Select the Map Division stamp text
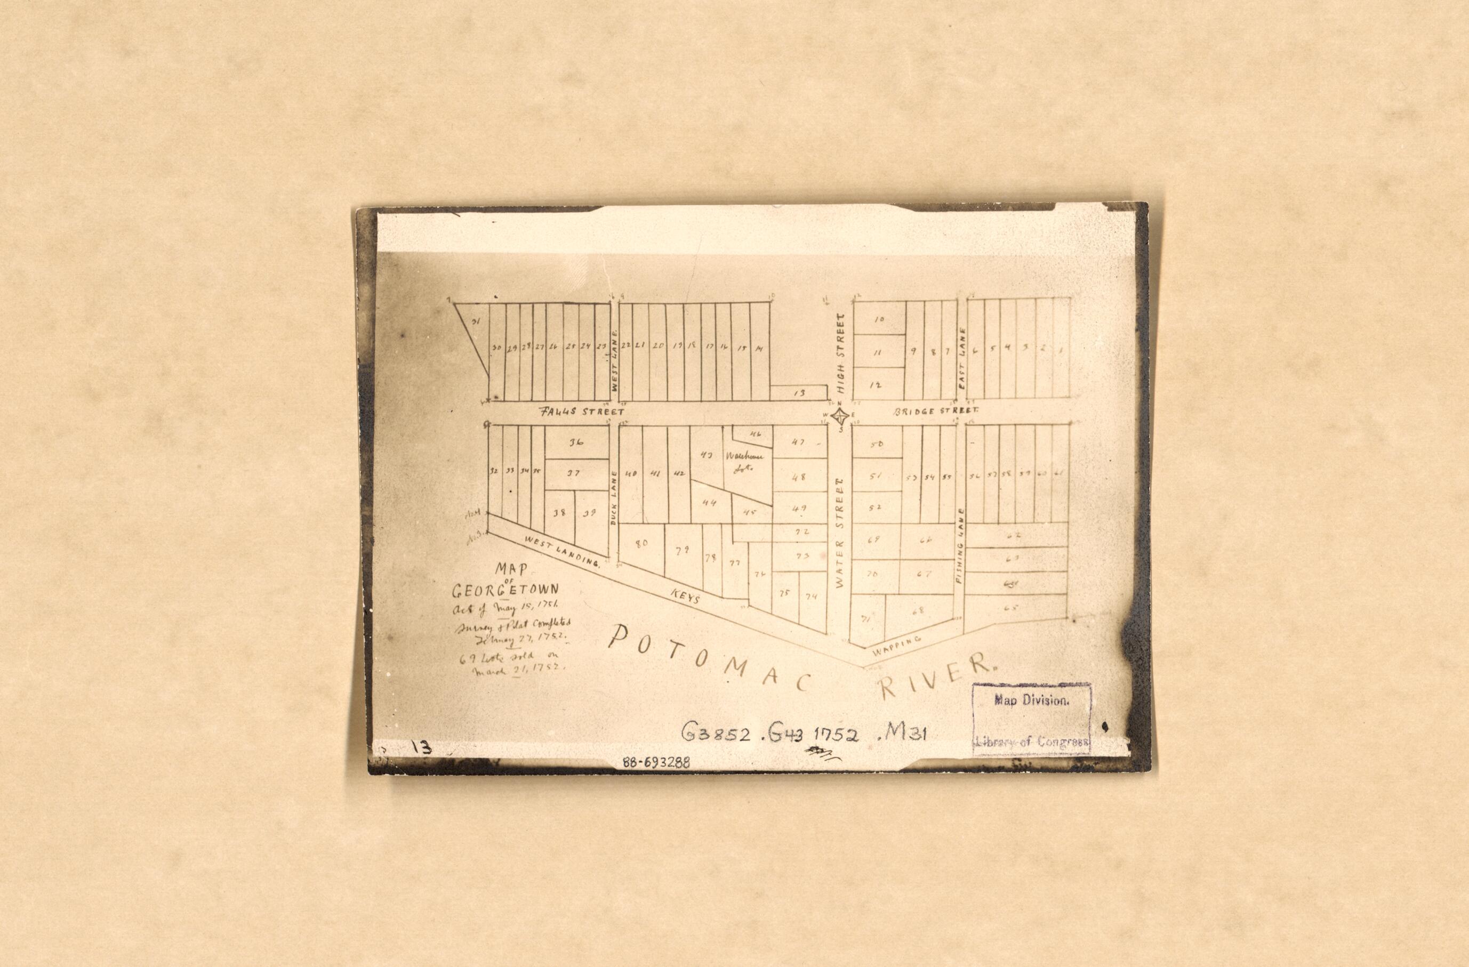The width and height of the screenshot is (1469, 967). [1031, 700]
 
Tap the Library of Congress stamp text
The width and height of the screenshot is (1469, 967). [1031, 743]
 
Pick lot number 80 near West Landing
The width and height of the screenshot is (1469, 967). [641, 544]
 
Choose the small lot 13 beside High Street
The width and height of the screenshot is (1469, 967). [799, 392]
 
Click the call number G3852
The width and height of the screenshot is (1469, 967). [716, 733]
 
